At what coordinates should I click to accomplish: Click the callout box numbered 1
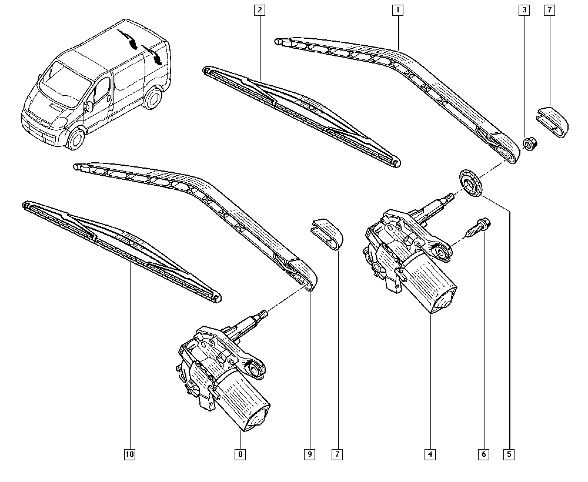[x=397, y=10]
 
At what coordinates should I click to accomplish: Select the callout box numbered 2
[x=259, y=10]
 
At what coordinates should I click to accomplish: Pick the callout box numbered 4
[x=430, y=454]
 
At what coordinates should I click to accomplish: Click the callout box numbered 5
[x=509, y=454]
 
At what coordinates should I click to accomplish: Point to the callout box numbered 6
[x=483, y=454]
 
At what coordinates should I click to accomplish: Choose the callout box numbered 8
[x=240, y=454]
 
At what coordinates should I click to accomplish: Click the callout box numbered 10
[x=129, y=454]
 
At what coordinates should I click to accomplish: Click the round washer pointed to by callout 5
[x=469, y=182]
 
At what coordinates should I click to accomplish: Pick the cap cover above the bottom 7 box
[x=327, y=233]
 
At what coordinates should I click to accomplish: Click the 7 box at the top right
[x=550, y=10]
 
